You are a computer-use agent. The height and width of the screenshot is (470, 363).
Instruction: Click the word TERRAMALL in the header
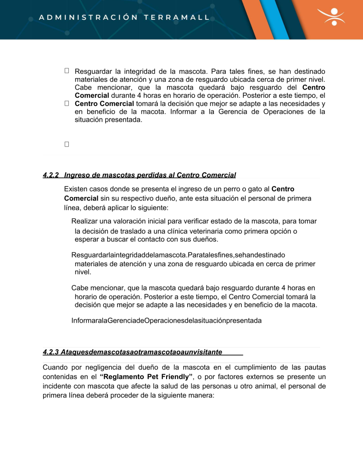177,17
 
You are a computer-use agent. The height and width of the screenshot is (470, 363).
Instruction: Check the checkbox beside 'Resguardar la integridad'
67,71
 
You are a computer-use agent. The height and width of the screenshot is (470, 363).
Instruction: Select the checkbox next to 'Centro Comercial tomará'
67,104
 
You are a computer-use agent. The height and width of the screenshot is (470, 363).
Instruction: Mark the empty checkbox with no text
67,144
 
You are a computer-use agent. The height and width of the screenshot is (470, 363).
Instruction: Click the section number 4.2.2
51,175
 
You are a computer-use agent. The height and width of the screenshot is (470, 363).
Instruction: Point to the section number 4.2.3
51,352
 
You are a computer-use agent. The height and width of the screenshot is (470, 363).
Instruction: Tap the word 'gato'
252,189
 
